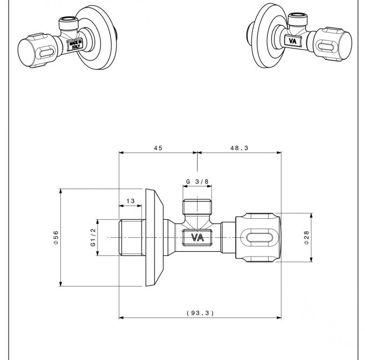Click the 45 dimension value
tap(157, 148)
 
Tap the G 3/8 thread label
tap(197, 182)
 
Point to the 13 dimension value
tap(130, 201)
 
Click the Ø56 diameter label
tap(56, 237)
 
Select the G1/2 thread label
tap(93, 237)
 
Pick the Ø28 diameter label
tap(306, 237)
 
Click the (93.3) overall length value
tap(200, 313)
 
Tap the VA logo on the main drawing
tap(197, 238)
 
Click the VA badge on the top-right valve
tap(293, 40)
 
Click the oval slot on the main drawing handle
tap(260, 237)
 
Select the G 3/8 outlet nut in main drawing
tap(197, 207)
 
